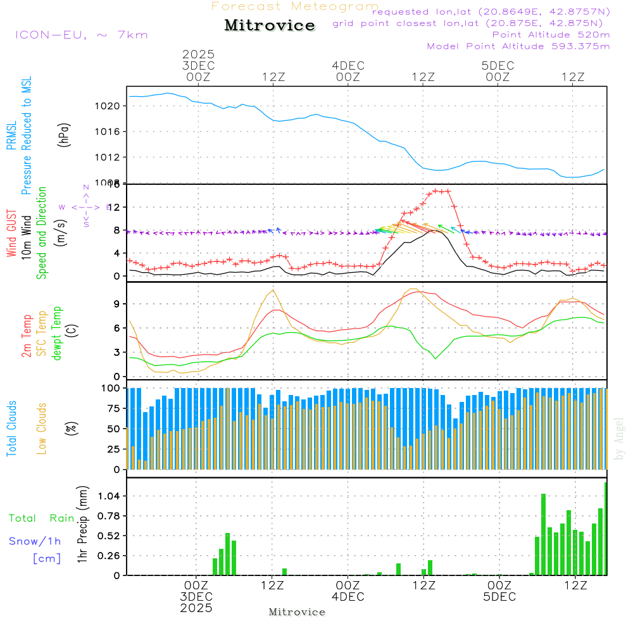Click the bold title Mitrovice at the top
270,25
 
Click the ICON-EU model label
81,35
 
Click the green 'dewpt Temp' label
57,334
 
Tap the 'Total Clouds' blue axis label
11,429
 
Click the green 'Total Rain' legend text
41,518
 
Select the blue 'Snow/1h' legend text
35,541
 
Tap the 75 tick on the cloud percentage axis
111,408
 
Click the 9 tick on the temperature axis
116,304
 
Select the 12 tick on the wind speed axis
113,207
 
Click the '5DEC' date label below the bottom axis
499,597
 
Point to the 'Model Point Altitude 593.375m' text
518,46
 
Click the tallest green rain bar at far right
605,529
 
